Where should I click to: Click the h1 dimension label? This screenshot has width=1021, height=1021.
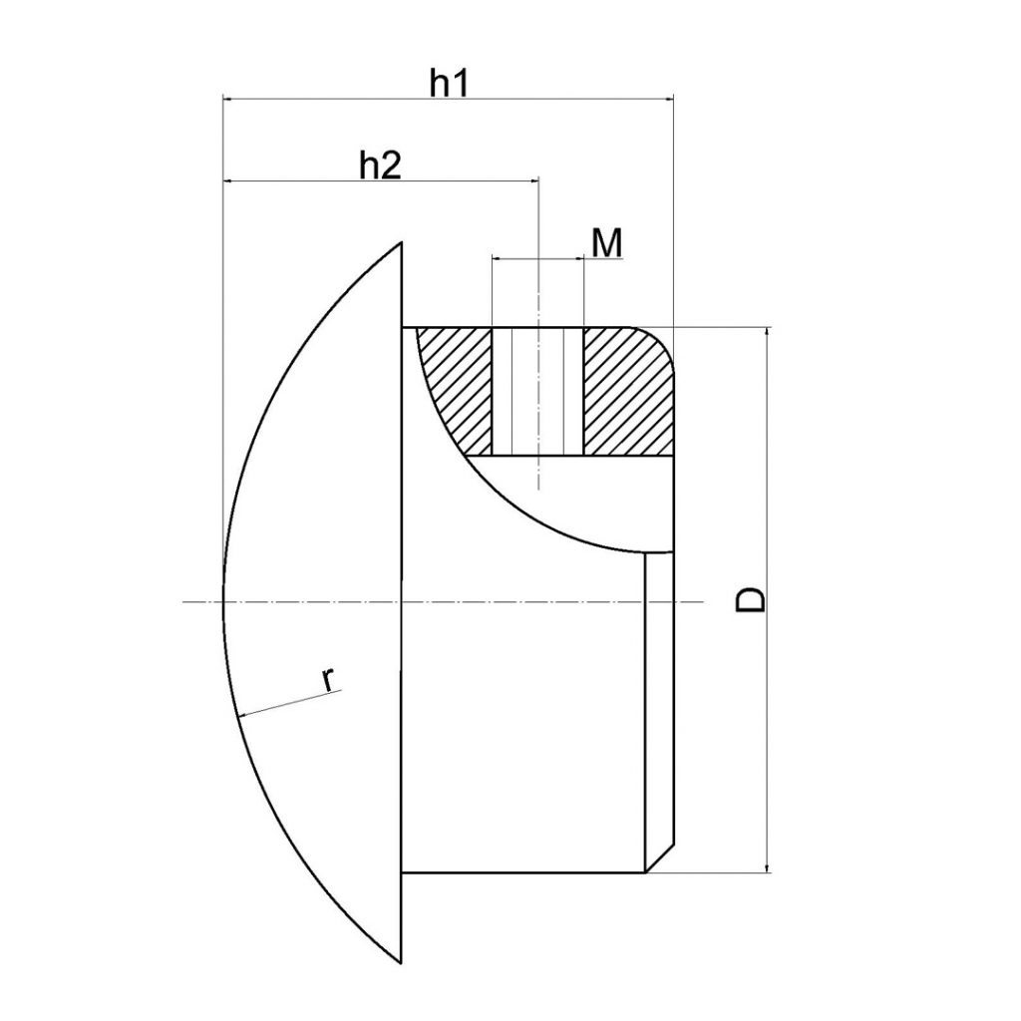click(450, 84)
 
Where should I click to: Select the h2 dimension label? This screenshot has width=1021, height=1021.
click(381, 167)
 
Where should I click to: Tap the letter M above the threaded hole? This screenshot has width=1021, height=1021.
click(607, 243)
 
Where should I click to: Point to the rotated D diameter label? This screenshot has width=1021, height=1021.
click(750, 599)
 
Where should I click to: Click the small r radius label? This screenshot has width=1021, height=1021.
click(329, 680)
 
